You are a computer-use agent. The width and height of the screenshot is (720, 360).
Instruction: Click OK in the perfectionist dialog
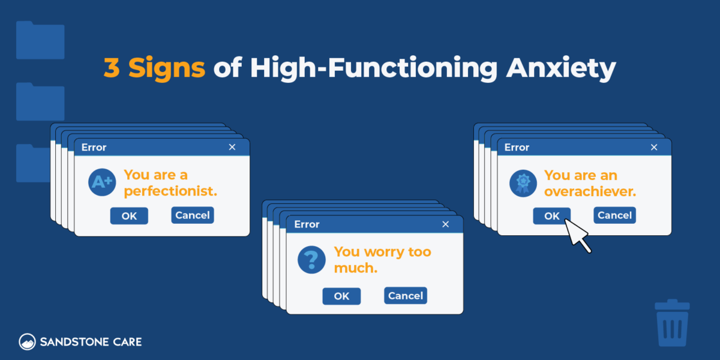(x=129, y=216)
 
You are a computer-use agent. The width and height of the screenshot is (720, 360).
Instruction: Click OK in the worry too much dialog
(x=341, y=296)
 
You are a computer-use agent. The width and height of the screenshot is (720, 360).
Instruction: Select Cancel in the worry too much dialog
(x=406, y=296)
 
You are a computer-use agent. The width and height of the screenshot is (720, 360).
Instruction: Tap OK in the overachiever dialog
(x=551, y=216)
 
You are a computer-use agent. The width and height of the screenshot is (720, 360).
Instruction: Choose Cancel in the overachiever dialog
(x=614, y=215)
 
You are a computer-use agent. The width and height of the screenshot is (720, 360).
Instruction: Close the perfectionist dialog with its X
(x=232, y=148)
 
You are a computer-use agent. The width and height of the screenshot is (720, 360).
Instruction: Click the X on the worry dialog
(x=445, y=224)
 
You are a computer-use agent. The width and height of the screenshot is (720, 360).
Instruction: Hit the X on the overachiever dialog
(x=654, y=148)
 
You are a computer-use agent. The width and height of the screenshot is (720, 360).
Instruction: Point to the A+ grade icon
(x=102, y=182)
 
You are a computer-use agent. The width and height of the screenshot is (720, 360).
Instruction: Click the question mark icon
(x=311, y=259)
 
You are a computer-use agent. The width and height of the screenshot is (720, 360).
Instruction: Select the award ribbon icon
(x=523, y=182)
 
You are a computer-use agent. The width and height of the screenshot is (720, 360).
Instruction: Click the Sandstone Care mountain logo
(x=27, y=342)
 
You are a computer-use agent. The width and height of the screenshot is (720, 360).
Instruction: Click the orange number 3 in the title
(x=111, y=69)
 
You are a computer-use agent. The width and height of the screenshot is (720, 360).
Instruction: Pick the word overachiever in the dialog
(x=590, y=192)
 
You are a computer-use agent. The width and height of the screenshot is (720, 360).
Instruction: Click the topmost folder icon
(x=40, y=40)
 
